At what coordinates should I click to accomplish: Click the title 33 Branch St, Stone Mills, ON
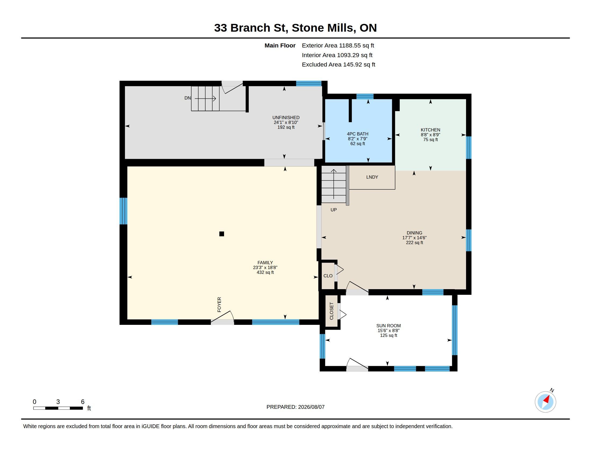295,28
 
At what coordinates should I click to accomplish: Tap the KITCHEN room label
430,130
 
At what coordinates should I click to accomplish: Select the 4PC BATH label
358,134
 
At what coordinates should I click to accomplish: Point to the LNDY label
372,177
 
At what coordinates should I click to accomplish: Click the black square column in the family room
222,234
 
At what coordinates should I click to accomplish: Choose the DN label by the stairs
188,98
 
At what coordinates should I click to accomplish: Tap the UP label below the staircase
334,210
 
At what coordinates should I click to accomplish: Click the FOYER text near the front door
219,305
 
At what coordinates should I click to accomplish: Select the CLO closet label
328,276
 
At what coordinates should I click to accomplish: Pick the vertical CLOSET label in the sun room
331,311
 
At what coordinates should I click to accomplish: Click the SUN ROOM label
388,326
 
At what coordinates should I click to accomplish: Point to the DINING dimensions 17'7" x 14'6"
414,238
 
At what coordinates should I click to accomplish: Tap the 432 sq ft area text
265,272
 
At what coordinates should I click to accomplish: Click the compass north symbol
546,402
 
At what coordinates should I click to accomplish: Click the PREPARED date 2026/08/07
311,407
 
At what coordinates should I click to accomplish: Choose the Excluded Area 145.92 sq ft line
338,65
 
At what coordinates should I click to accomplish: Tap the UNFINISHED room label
286,117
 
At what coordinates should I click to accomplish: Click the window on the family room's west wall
123,211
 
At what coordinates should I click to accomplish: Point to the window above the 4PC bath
365,97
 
